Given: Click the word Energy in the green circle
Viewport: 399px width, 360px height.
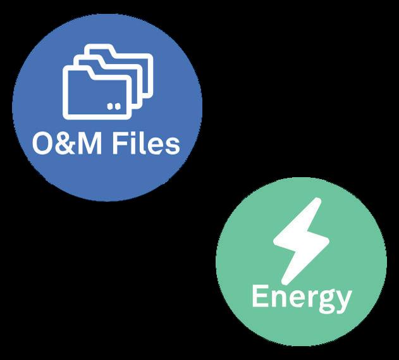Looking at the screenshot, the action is click(301, 297).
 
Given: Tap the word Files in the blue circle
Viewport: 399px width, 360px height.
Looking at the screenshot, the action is click(146, 144).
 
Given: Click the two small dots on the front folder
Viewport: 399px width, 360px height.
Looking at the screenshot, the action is click(113, 106).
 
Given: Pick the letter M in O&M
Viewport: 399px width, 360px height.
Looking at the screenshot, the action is click(91, 144).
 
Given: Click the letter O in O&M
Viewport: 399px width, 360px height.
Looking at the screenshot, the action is click(42, 144).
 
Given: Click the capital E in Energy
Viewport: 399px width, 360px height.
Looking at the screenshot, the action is click(259, 296).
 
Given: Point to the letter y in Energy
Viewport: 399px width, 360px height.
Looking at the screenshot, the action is click(343, 300).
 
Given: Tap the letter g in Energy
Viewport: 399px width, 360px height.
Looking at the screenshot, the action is click(324, 300).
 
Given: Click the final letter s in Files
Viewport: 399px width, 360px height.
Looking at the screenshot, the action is click(172, 146).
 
